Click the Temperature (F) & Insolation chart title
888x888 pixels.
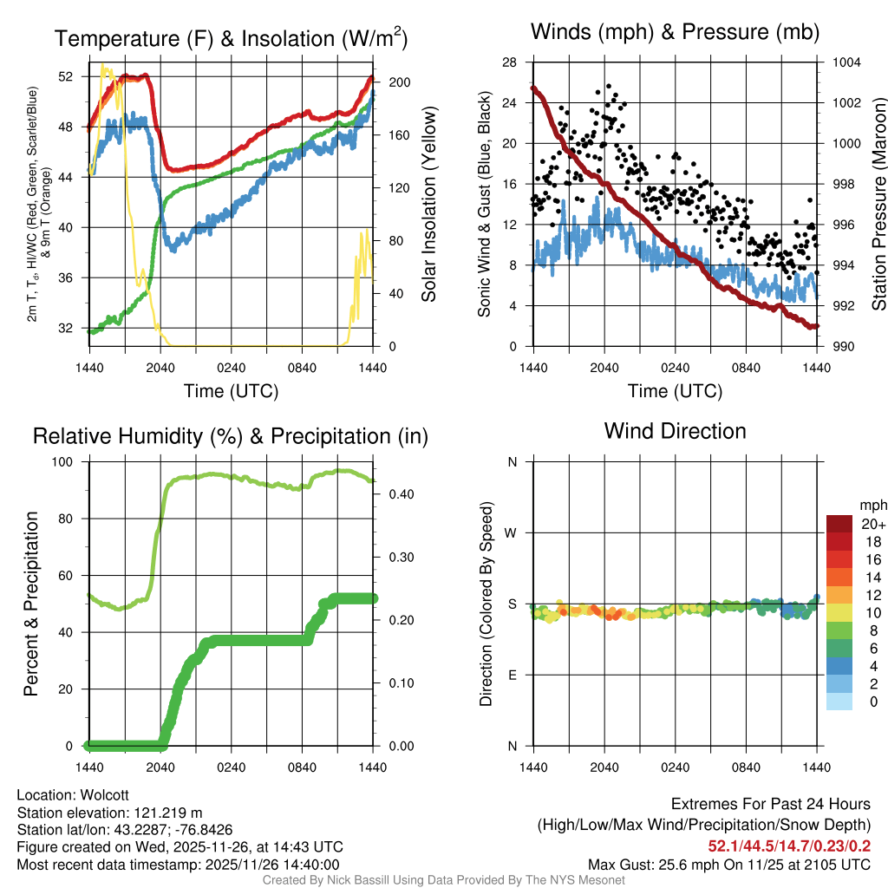pos(232,38)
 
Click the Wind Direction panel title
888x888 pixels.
pos(675,430)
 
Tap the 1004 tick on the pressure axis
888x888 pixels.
pos(846,62)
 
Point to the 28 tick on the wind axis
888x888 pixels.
pos(509,62)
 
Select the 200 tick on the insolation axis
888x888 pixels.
pos(393,82)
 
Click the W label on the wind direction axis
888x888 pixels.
pos(513,532)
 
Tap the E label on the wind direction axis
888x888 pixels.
pos(513,675)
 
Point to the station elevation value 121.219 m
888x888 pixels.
pos(166,813)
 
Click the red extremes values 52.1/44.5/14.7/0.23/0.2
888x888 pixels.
pos(790,846)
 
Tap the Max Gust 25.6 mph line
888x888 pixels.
pos(729,864)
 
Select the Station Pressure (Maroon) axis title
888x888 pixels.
pos(878,204)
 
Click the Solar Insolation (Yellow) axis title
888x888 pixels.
pos(428,204)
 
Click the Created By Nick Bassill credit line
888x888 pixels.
pos(444,880)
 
